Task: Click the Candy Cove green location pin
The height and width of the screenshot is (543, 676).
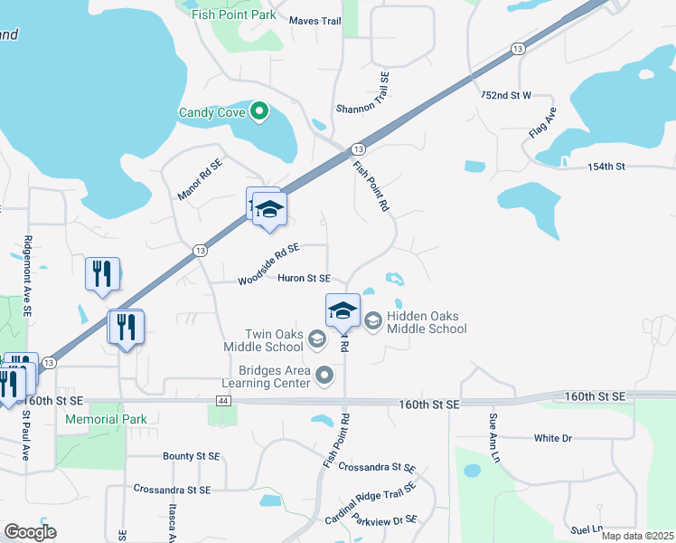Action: click(x=259, y=112)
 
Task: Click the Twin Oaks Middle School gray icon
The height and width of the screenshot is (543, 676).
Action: click(x=316, y=338)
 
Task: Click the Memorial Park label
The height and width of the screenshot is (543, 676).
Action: click(x=106, y=420)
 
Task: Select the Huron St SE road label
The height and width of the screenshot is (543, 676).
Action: click(x=304, y=279)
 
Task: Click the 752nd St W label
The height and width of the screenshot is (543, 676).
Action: click(x=506, y=95)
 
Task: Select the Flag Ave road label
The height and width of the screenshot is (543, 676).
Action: click(x=543, y=121)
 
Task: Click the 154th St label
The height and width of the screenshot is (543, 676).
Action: click(x=606, y=167)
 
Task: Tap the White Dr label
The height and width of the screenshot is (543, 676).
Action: click(x=553, y=438)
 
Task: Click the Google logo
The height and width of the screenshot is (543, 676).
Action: click(x=30, y=532)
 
